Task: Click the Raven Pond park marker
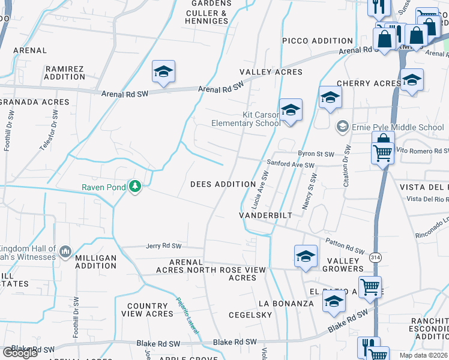[136, 187]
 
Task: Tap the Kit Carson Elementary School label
[246, 119]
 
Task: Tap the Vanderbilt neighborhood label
[265, 215]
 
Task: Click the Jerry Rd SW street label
[163, 247]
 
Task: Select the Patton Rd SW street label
[345, 246]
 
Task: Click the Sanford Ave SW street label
[291, 164]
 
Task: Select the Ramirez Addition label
[64, 73]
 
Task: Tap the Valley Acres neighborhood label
[271, 72]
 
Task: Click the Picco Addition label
[318, 41]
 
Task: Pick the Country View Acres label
[147, 310]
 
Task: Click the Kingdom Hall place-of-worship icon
[65, 251]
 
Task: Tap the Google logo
[20, 353]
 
